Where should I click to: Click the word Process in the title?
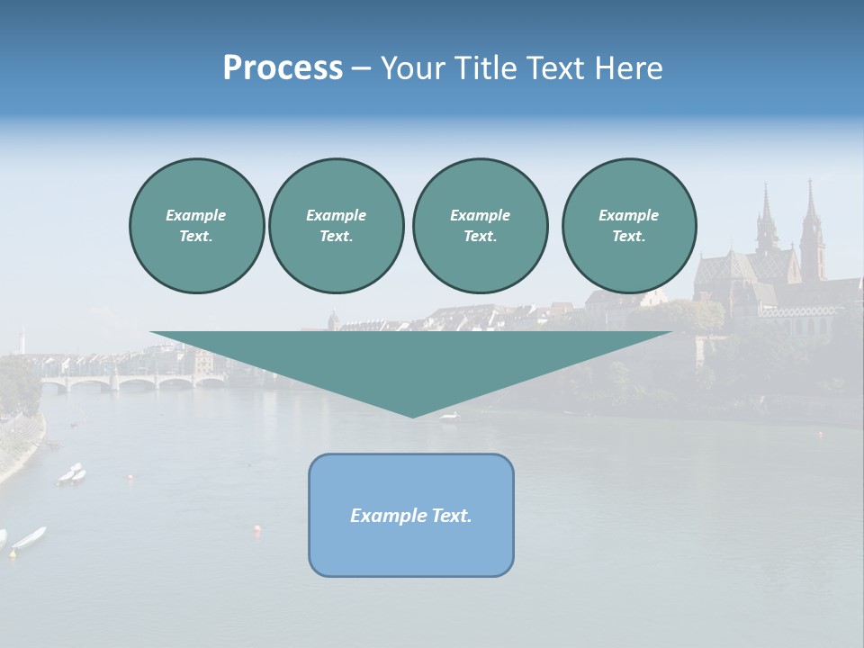tap(283, 68)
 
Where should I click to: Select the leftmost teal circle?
tap(196, 226)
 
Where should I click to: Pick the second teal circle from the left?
tap(336, 226)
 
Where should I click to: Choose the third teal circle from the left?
tap(480, 226)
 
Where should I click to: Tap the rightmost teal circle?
tap(628, 226)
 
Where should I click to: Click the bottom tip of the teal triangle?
tap(412, 415)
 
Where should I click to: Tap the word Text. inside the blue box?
tap(450, 516)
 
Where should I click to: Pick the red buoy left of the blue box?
tap(257, 529)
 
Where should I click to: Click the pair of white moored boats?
tap(72, 473)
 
